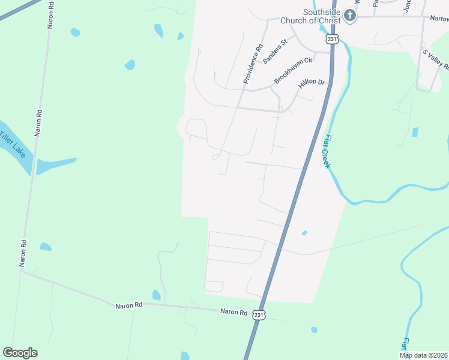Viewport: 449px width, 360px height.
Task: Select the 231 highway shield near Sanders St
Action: pyautogui.click(x=333, y=38)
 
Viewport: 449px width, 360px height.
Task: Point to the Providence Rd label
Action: pyautogui.click(x=253, y=63)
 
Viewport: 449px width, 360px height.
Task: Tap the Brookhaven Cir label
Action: pyautogui.click(x=294, y=70)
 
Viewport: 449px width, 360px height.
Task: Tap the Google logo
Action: pyautogui.click(x=20, y=352)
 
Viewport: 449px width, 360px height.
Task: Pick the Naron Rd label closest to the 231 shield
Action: pyautogui.click(x=234, y=312)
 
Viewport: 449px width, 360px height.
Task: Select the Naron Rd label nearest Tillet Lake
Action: pyautogui.click(x=38, y=123)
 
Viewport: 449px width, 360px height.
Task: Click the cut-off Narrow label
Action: pyautogui.click(x=438, y=19)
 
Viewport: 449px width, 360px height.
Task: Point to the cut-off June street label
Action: pyautogui.click(x=408, y=6)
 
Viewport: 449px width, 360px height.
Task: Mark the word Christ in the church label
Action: pyautogui.click(x=330, y=20)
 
